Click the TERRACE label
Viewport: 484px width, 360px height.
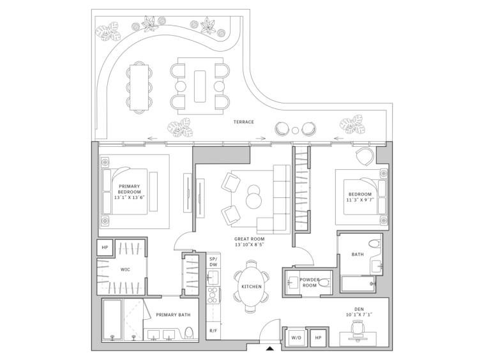point(243,122)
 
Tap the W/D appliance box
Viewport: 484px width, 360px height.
point(296,338)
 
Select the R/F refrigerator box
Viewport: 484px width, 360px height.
point(213,331)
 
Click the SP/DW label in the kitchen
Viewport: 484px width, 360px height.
point(213,262)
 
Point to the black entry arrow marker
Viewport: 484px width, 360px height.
point(270,349)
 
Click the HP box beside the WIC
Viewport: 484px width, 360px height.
point(105,248)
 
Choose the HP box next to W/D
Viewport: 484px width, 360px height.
point(318,338)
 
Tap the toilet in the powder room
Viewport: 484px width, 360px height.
point(324,283)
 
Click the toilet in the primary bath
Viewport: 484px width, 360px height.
point(189,333)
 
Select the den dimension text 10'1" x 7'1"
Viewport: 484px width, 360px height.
point(359,315)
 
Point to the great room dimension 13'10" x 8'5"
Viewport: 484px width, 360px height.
point(249,244)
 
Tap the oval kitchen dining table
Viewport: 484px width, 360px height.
point(252,287)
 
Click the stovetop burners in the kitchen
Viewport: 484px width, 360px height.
point(213,296)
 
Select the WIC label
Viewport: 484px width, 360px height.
point(125,269)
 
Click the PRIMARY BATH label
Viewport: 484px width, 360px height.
point(173,315)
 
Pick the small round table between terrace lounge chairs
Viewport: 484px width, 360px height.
point(296,130)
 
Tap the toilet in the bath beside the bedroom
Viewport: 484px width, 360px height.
point(374,244)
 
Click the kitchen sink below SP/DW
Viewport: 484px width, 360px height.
point(213,277)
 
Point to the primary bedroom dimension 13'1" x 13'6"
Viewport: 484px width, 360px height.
point(130,197)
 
